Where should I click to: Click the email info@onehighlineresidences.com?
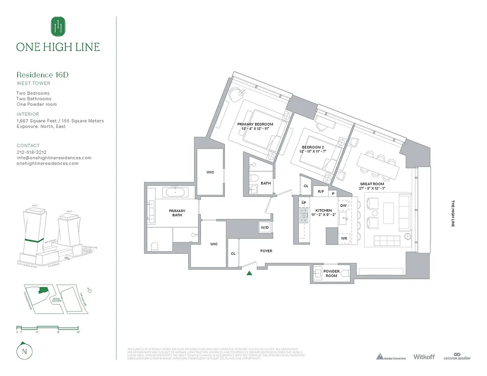(x=54, y=158)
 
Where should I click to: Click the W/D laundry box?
(x=265, y=228)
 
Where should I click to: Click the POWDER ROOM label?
(x=331, y=273)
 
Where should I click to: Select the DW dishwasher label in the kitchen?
(x=343, y=205)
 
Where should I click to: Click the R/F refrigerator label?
(x=321, y=191)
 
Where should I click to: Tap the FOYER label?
(x=266, y=251)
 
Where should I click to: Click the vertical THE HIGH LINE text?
(x=453, y=214)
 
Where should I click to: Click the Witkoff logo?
(x=424, y=357)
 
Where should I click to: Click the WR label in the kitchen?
(x=344, y=238)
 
